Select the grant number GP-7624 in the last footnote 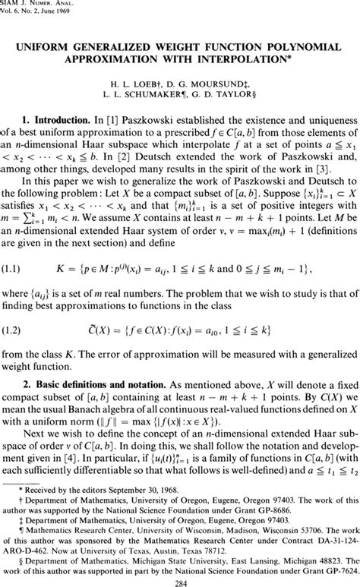click(x=333, y=566)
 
